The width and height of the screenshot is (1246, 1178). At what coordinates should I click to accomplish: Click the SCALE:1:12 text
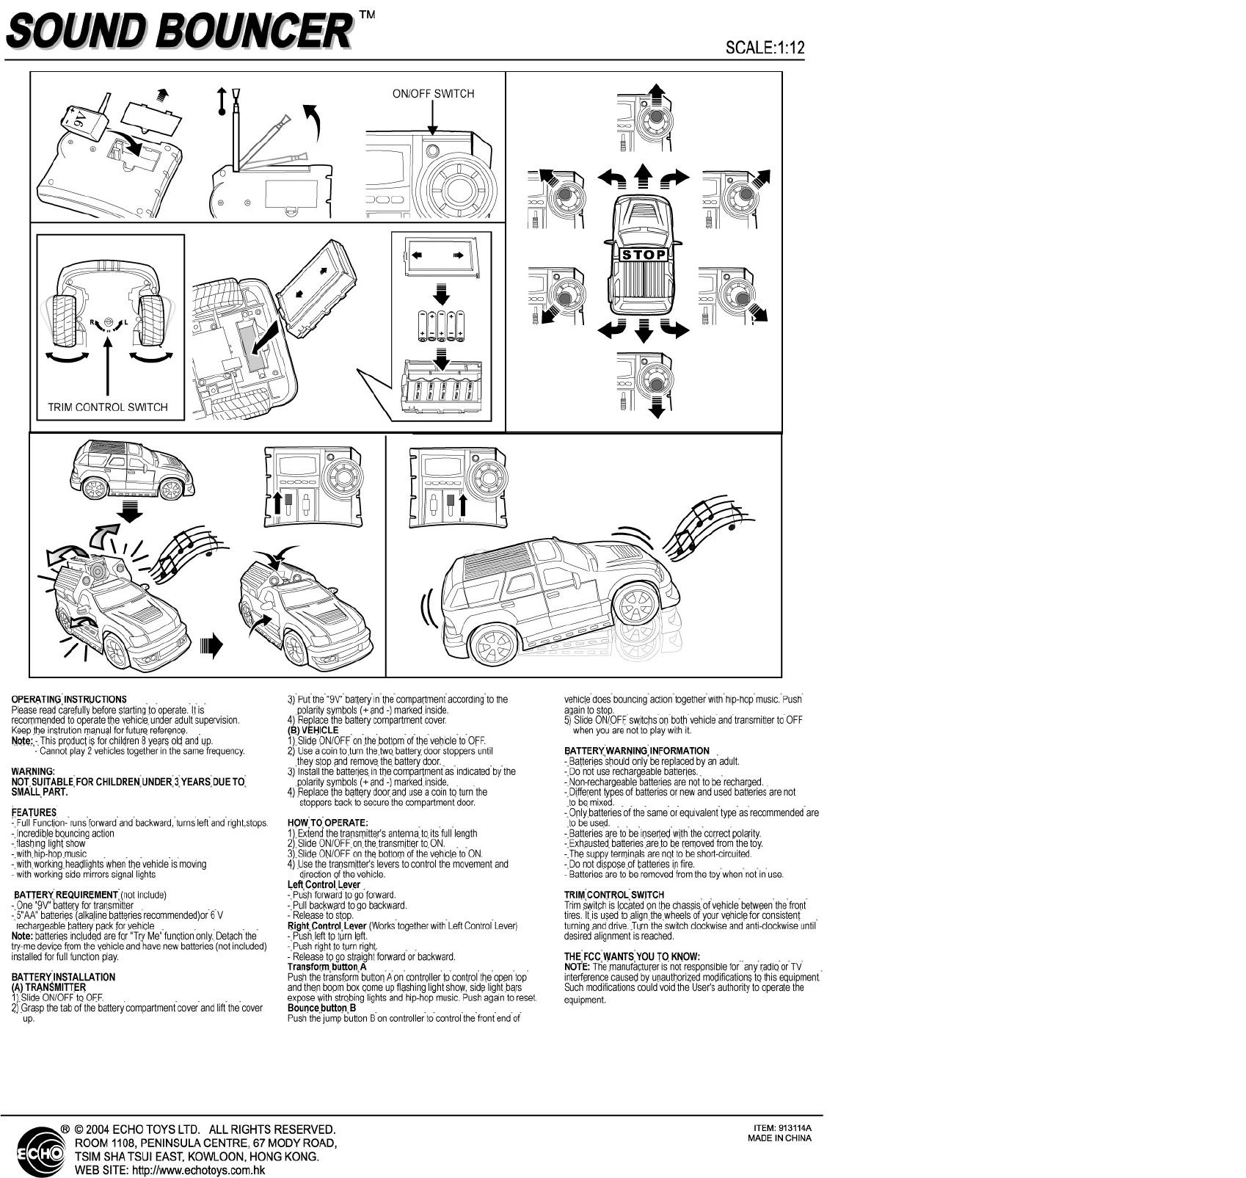[x=765, y=48]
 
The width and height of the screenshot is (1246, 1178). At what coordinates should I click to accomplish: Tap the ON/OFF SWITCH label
[x=433, y=94]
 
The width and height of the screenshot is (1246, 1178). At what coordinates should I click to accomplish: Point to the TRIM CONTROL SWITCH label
[x=108, y=407]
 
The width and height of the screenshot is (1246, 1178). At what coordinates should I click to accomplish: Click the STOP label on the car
[x=644, y=255]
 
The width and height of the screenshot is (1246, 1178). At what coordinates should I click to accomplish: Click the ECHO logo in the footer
[x=43, y=1153]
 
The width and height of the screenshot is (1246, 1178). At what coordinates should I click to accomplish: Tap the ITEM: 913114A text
[x=782, y=1128]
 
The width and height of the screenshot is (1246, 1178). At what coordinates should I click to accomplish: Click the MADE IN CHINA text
[x=779, y=1138]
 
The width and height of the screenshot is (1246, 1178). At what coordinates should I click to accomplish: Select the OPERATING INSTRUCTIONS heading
[x=69, y=699]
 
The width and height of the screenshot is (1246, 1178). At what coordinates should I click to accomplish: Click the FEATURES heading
[x=34, y=812]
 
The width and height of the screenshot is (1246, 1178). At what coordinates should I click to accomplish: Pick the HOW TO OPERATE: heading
[x=327, y=823]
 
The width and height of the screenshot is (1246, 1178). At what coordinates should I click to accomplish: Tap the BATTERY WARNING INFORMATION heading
[x=636, y=751]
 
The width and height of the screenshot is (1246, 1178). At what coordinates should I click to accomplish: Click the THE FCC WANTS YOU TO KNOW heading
[x=632, y=956]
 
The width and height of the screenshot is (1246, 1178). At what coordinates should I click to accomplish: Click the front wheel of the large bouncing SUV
[x=635, y=605]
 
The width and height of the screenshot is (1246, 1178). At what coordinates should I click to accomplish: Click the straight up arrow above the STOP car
[x=644, y=175]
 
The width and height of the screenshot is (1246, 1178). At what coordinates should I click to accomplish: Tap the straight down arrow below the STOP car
[x=644, y=332]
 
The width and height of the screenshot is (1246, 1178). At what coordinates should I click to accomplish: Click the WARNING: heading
[x=33, y=771]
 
